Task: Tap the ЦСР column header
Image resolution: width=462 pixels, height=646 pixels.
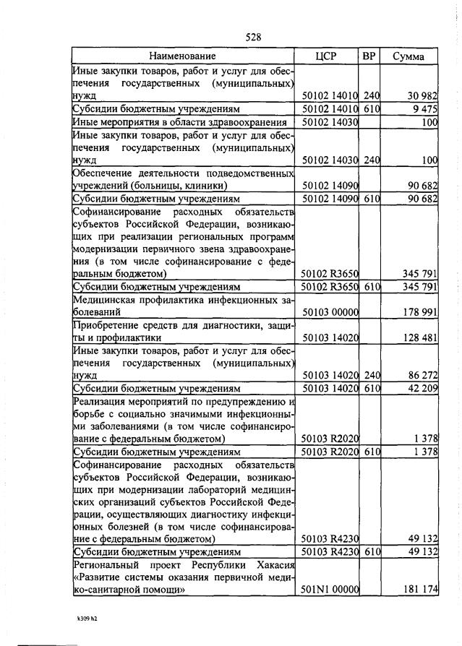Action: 328,56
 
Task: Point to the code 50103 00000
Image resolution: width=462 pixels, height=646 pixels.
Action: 330,312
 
